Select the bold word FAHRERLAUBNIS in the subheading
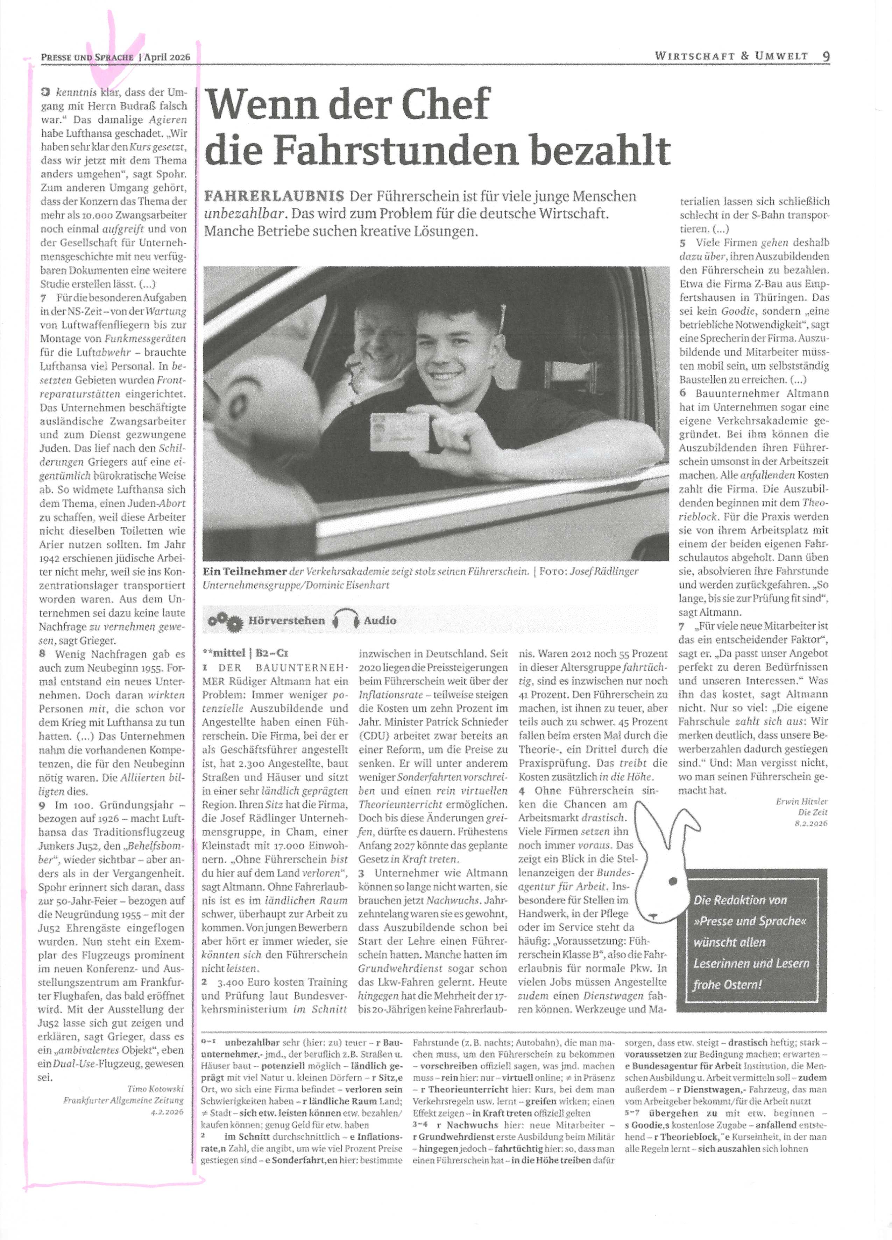pyautogui.click(x=274, y=196)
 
